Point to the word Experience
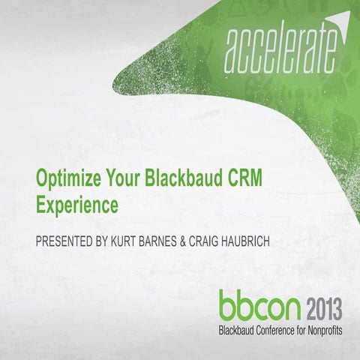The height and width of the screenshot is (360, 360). click(x=78, y=202)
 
